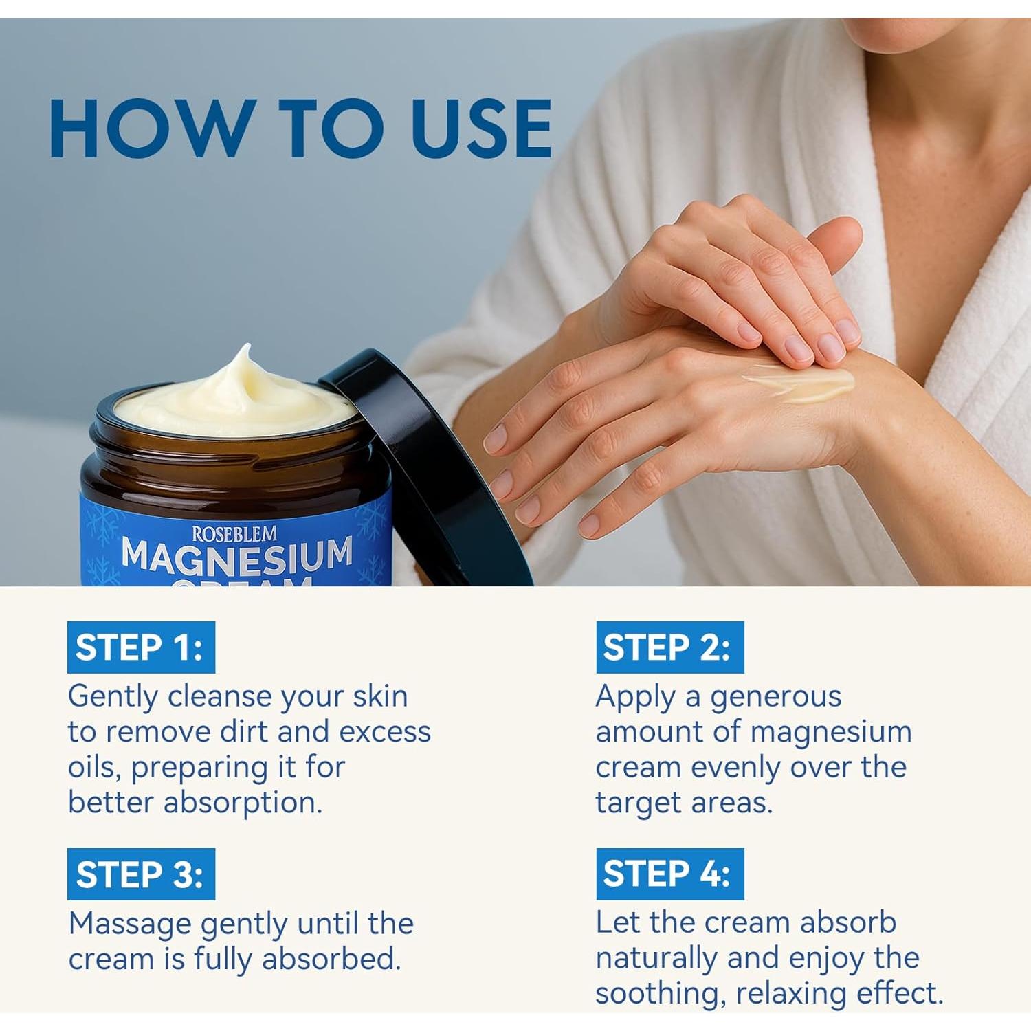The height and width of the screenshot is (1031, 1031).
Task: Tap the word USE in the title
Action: coord(480,128)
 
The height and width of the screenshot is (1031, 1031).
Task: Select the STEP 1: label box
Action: coord(141,647)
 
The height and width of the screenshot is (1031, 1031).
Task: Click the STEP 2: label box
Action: coord(670,647)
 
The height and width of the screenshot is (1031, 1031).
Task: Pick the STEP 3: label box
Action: coord(141,874)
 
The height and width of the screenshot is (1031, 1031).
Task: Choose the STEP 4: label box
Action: coord(670,874)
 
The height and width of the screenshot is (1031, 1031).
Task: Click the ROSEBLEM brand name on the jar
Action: coord(234,534)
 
